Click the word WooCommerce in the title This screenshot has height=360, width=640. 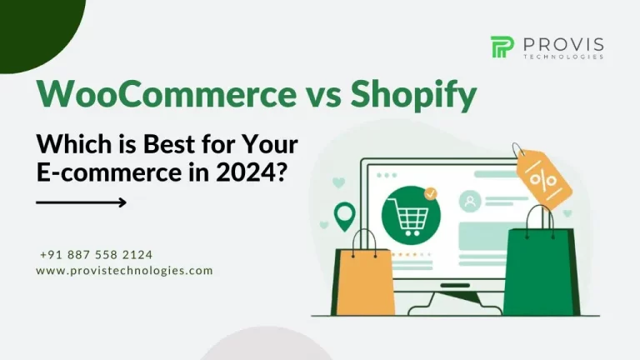167,94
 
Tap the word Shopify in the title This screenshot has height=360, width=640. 413,96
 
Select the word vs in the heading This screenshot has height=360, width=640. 323,98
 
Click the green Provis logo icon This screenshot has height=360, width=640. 502,47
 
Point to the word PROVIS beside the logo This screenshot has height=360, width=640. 563,44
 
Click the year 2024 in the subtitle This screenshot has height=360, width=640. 245,172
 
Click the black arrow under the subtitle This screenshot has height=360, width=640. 81,202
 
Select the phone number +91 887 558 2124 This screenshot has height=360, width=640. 97,255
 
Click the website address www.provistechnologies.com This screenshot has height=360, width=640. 124,271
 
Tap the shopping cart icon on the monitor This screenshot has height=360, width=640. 411,216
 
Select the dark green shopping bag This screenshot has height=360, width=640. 541,270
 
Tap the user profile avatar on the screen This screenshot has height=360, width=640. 470,201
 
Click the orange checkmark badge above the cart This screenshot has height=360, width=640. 430,193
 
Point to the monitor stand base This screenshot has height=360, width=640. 455,303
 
